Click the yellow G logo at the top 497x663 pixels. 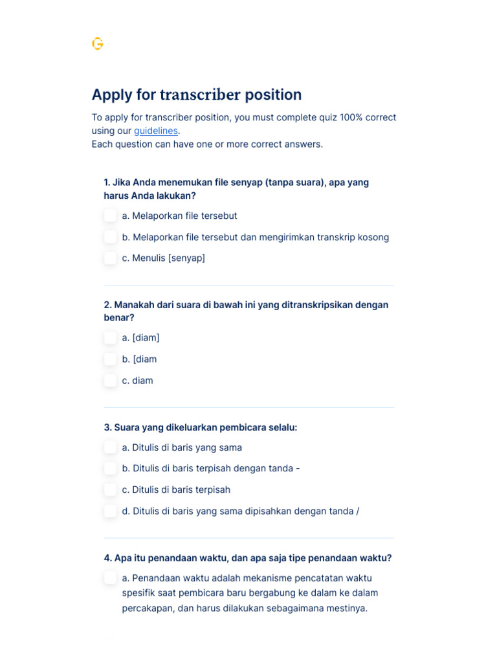[98, 43]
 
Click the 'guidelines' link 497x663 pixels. [155, 131]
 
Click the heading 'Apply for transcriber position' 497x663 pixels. [196, 95]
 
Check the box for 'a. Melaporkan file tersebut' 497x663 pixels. [111, 216]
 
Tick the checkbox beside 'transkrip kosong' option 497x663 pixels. [111, 237]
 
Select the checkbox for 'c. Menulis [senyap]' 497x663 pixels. [111, 258]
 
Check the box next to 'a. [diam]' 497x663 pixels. [111, 337]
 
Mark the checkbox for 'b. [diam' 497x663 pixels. [111, 359]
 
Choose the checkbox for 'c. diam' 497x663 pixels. [111, 380]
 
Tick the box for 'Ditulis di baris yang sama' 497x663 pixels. [111, 447]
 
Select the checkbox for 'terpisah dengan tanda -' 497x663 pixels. [111, 468]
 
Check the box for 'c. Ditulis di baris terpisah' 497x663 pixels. [111, 489]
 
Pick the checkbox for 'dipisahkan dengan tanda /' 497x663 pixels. [111, 511]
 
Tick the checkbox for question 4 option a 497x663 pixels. [111, 578]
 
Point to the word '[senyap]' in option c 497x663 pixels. [186, 258]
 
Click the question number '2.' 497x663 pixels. [107, 304]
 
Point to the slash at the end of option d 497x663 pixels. [357, 511]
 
